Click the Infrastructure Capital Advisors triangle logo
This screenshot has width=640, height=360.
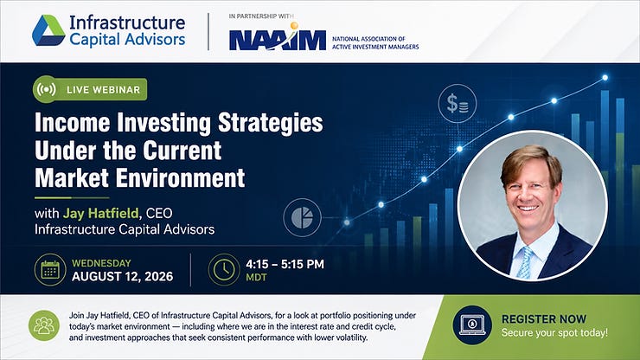pos(48,30)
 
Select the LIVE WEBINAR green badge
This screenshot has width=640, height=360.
pos(90,89)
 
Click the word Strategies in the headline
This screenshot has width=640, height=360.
pos(270,123)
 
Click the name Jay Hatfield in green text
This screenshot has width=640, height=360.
pos(101,213)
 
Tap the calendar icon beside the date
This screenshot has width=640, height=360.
pos(50,270)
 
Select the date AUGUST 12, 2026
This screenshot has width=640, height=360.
pos(123,277)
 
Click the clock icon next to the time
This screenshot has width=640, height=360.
pos(224,270)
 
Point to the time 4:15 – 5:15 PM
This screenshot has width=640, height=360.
pos(285,264)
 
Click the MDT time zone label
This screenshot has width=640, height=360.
pos(256,278)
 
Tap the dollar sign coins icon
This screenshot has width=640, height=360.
pos(458,103)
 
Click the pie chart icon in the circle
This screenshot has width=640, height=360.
pos(302,217)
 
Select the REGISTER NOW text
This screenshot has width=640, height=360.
pos(544,318)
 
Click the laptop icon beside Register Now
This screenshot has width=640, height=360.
pos(472,325)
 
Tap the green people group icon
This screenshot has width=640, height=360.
pos(44,325)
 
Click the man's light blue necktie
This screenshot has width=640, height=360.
pos(525,262)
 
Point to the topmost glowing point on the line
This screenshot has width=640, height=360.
pos(605,78)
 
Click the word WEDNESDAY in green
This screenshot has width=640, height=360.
pos(102,263)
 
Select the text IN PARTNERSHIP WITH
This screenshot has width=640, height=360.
pos(261,16)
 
